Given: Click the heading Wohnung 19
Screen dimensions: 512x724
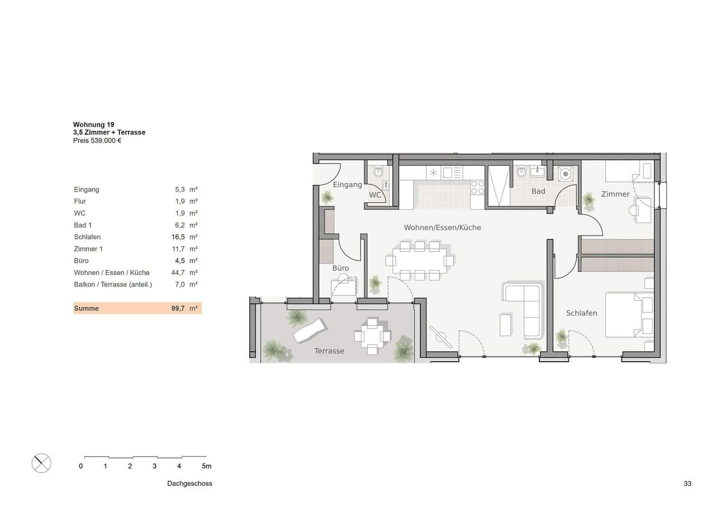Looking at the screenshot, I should tap(93, 125).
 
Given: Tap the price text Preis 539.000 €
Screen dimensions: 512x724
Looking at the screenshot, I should tap(97, 140).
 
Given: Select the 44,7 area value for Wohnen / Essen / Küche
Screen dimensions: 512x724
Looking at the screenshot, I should tap(178, 273).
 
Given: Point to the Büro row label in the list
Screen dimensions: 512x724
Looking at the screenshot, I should tap(81, 261).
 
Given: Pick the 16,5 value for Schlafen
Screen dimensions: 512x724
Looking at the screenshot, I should tap(178, 237).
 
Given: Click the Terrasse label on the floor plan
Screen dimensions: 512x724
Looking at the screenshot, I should tap(329, 351).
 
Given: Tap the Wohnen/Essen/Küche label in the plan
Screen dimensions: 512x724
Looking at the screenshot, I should tap(442, 228).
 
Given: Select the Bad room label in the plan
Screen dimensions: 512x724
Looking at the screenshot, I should tap(538, 191).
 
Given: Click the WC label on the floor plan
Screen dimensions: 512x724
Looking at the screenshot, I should tap(375, 195).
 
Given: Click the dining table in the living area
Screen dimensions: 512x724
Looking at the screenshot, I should tap(419, 261).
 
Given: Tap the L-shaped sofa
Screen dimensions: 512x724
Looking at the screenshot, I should tap(526, 308).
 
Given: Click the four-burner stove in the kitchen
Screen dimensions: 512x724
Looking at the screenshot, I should tap(477, 187).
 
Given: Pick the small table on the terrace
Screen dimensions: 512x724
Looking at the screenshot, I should tap(372, 336).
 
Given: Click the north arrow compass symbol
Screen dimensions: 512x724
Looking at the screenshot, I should tap(41, 463).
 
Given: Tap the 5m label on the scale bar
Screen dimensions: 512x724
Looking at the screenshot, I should tap(207, 466).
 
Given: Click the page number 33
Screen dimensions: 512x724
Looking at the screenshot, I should tap(687, 484).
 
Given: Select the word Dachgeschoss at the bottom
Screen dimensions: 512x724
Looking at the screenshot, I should tap(190, 484).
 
